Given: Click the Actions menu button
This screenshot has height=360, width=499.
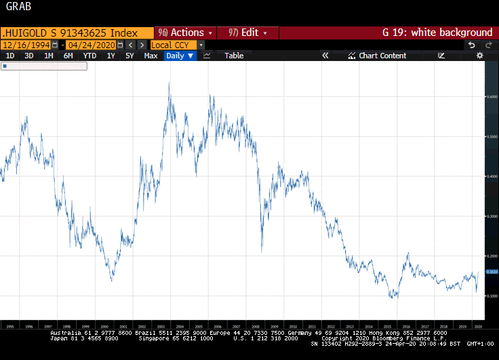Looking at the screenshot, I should click(x=184, y=33).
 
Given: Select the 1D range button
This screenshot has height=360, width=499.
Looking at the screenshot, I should click(x=9, y=56).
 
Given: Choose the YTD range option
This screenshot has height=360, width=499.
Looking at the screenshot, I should click(x=89, y=56).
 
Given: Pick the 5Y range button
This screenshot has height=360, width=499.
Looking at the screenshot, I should click(x=129, y=56).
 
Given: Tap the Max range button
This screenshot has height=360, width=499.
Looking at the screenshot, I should click(x=151, y=56).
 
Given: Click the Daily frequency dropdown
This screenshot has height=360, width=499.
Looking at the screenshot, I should click(x=180, y=56).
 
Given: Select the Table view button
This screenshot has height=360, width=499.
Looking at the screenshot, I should click(x=234, y=56).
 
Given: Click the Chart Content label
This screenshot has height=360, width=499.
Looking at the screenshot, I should click(x=382, y=56).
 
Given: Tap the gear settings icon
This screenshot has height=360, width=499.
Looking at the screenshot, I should click(x=480, y=56).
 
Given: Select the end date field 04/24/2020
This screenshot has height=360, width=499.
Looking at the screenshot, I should click(x=91, y=45).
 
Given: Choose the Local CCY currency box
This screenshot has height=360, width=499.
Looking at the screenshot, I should click(x=170, y=45).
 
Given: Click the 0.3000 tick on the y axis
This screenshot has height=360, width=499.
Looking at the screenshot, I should click(x=492, y=216).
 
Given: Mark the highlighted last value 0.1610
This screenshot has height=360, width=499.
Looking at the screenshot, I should click(x=492, y=271).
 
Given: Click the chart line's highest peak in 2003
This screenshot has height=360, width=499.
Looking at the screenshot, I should click(x=169, y=83).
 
